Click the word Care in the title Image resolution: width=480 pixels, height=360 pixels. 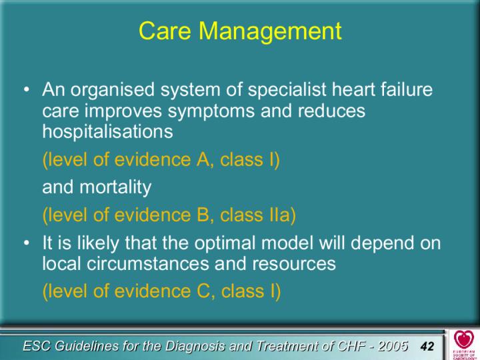coord(165,31)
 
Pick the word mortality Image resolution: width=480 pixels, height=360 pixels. coord(115,188)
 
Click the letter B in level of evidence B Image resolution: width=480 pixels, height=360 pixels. coord(203,215)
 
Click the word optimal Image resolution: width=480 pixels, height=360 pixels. coord(225,244)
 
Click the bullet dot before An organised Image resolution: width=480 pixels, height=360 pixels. coord(27,90)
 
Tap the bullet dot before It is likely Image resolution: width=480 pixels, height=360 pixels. coord(27,243)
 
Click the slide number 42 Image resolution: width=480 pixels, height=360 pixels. coord(427,346)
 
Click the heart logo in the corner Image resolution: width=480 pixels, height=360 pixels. coord(463,339)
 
